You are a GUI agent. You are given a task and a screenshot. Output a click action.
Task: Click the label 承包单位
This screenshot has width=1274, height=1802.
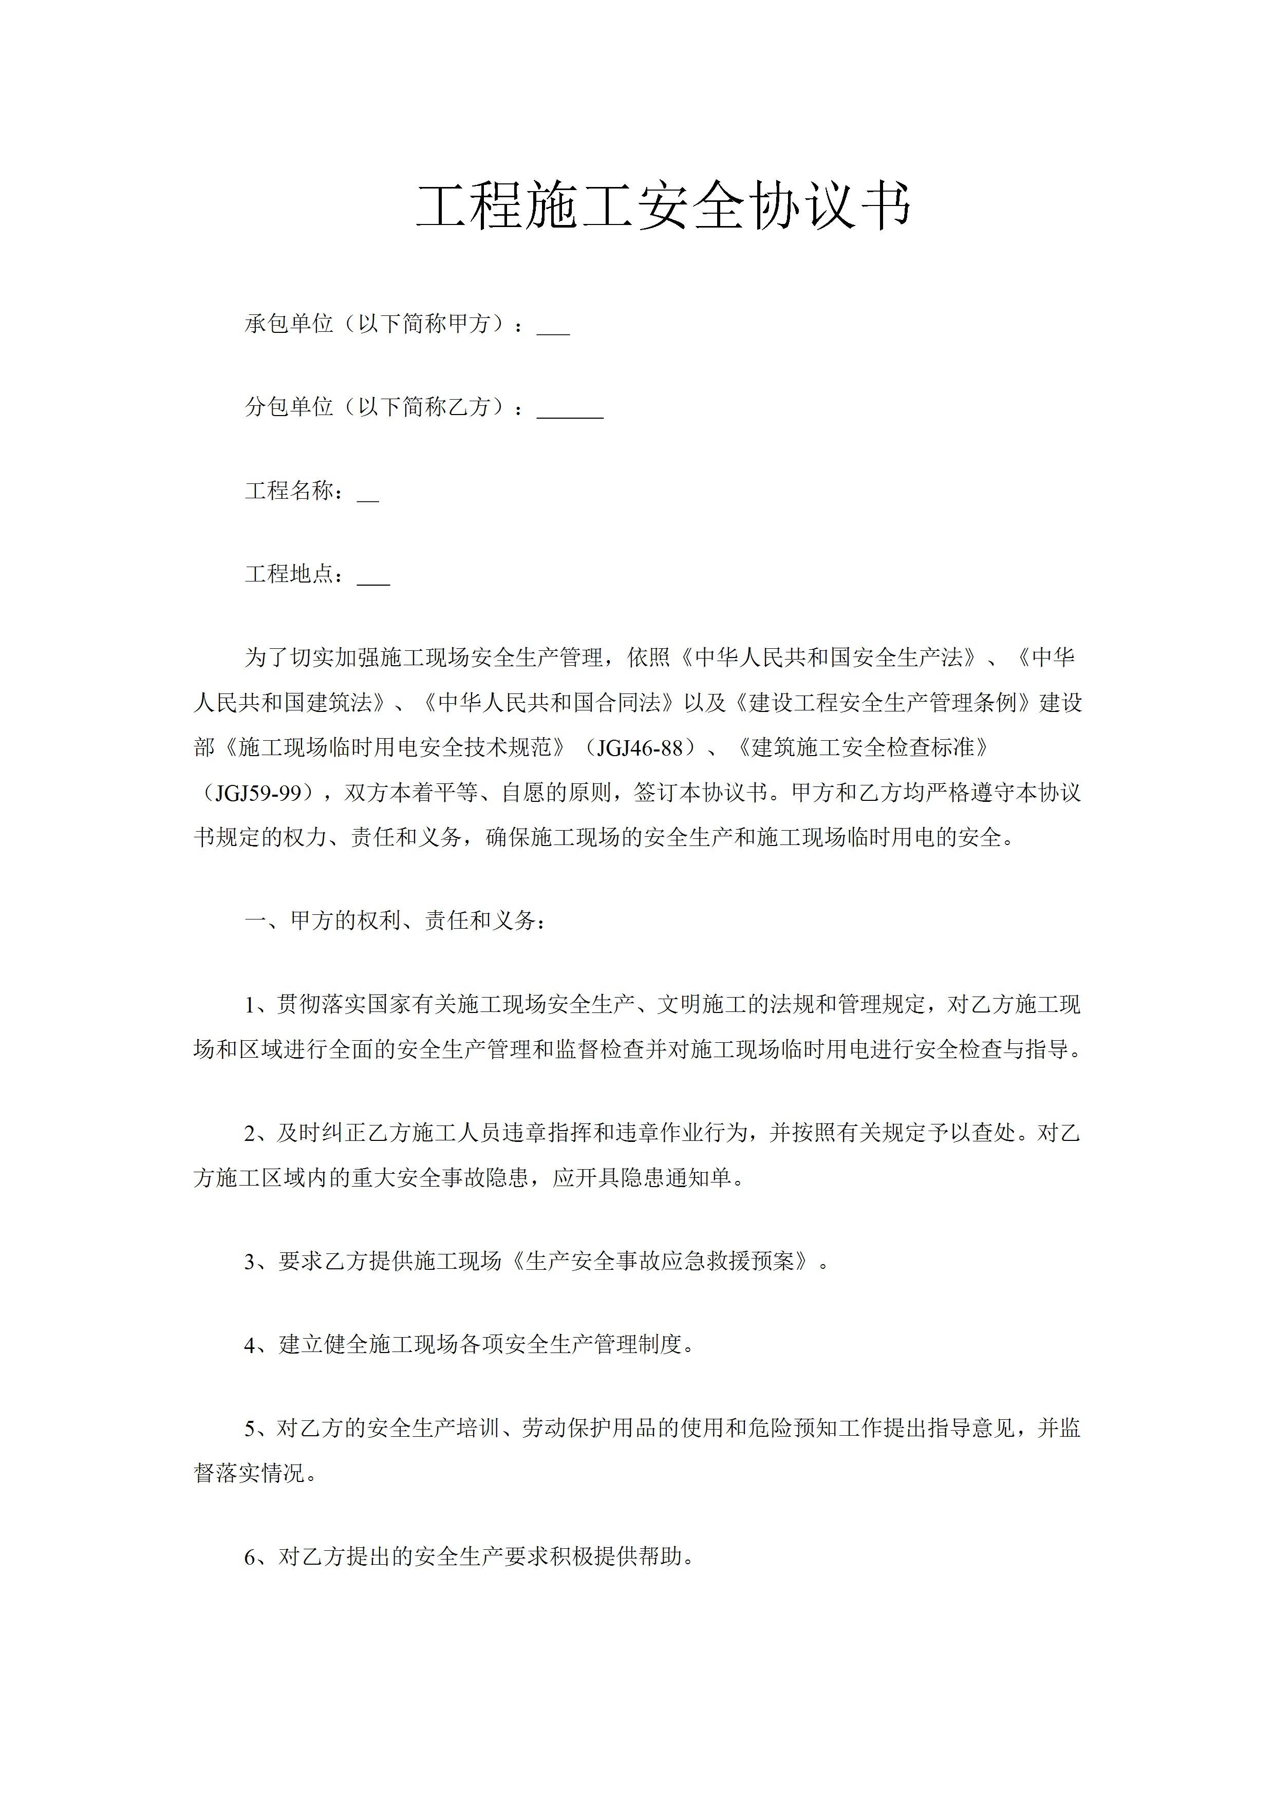tap(289, 323)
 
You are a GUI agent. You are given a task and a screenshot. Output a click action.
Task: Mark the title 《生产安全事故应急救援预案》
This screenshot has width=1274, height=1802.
tap(666, 1261)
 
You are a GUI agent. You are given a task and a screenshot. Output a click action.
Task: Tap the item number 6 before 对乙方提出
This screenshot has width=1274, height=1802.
tap(250, 1557)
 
